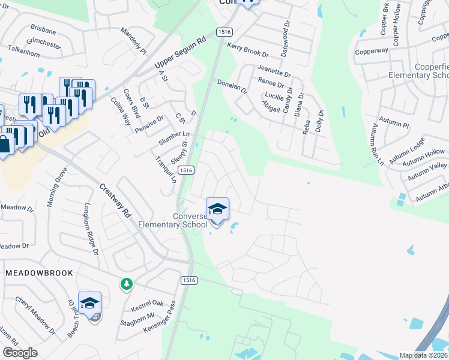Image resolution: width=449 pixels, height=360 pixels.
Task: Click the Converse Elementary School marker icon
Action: (x=217, y=209)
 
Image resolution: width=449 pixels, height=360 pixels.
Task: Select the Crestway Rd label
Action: (x=116, y=200)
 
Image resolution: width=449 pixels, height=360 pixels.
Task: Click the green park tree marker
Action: (x=126, y=283)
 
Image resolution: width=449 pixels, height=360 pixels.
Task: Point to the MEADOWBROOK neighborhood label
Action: (x=40, y=273)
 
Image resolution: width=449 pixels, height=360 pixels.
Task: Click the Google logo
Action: (x=20, y=353)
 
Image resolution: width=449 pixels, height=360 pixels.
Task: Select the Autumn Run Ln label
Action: (x=377, y=145)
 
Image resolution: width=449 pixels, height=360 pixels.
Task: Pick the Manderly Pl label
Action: (x=133, y=39)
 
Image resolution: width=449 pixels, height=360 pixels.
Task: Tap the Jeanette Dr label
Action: (x=274, y=70)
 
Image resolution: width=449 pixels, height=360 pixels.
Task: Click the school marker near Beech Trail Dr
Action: (x=89, y=304)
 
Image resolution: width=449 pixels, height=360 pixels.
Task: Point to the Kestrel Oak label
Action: (x=147, y=304)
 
